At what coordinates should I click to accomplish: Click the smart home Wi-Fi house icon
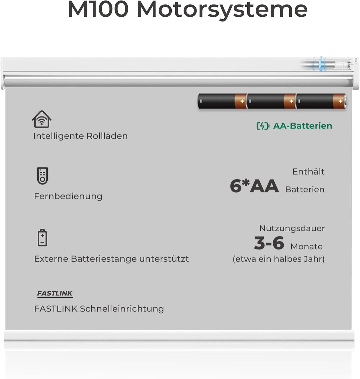42,119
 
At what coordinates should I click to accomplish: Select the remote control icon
42,176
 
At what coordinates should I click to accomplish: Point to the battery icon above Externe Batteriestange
42,237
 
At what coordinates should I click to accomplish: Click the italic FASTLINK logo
55,293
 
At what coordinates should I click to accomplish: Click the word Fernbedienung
68,196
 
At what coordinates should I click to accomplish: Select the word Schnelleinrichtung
122,309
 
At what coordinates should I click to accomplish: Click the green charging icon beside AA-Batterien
263,126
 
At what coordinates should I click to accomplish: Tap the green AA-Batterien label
302,126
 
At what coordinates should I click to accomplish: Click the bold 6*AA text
254,186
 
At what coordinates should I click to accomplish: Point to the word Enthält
308,172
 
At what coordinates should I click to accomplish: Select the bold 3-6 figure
269,243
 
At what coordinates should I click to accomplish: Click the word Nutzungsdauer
292,228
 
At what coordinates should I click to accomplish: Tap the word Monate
306,247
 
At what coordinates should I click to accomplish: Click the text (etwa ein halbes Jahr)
278,259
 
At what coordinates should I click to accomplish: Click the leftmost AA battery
222,101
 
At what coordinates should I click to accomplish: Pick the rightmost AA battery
321,101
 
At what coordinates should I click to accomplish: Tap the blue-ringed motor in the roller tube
321,64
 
